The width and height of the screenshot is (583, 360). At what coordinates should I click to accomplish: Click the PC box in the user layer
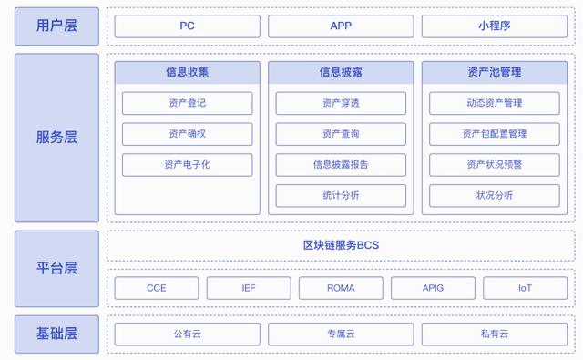(x=187, y=26)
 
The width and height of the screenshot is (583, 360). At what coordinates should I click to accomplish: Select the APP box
(x=341, y=26)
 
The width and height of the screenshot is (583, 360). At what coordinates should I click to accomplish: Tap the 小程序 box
(x=494, y=26)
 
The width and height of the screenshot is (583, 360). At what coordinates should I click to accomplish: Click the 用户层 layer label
(x=56, y=26)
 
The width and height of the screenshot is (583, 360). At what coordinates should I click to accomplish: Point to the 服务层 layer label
(x=56, y=138)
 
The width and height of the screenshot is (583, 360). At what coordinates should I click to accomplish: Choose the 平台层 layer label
(x=56, y=268)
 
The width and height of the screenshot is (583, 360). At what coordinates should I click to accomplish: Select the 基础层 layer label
(x=56, y=334)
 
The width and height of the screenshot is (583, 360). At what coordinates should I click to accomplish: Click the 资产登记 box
(x=187, y=103)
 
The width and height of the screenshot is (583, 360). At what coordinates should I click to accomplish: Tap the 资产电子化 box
(x=187, y=165)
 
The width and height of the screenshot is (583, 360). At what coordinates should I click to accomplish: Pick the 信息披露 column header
(x=341, y=71)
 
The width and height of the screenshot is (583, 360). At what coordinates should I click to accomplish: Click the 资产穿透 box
(x=341, y=103)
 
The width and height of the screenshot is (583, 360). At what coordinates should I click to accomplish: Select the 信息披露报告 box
(x=341, y=165)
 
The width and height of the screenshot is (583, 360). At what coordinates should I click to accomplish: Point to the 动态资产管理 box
(x=494, y=103)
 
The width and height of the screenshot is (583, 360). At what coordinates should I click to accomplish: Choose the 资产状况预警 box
(x=494, y=165)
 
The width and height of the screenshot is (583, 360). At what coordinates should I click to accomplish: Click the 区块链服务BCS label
(x=341, y=245)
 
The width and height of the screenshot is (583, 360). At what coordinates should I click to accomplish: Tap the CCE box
(x=157, y=288)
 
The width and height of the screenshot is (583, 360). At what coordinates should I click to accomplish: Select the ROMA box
(x=341, y=288)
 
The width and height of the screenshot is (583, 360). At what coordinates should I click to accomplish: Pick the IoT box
(x=525, y=288)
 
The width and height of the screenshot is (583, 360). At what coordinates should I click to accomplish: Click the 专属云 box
(x=341, y=334)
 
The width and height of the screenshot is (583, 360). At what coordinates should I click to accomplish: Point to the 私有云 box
(x=494, y=334)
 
